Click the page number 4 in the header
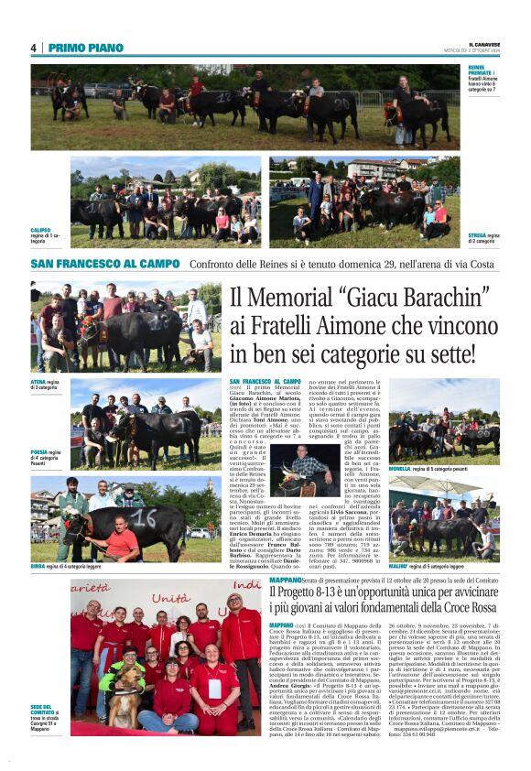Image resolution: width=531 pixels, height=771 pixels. click(x=33, y=48)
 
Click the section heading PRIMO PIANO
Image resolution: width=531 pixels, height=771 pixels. click(x=85, y=48)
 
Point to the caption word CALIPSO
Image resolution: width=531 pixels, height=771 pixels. click(x=40, y=230)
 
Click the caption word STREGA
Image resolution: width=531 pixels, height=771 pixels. click(x=477, y=235)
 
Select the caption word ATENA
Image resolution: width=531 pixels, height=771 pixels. click(x=38, y=382)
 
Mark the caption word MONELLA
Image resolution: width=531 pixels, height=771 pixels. click(x=400, y=468)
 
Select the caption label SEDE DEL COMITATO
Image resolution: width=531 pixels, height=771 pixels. click(x=40, y=710)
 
